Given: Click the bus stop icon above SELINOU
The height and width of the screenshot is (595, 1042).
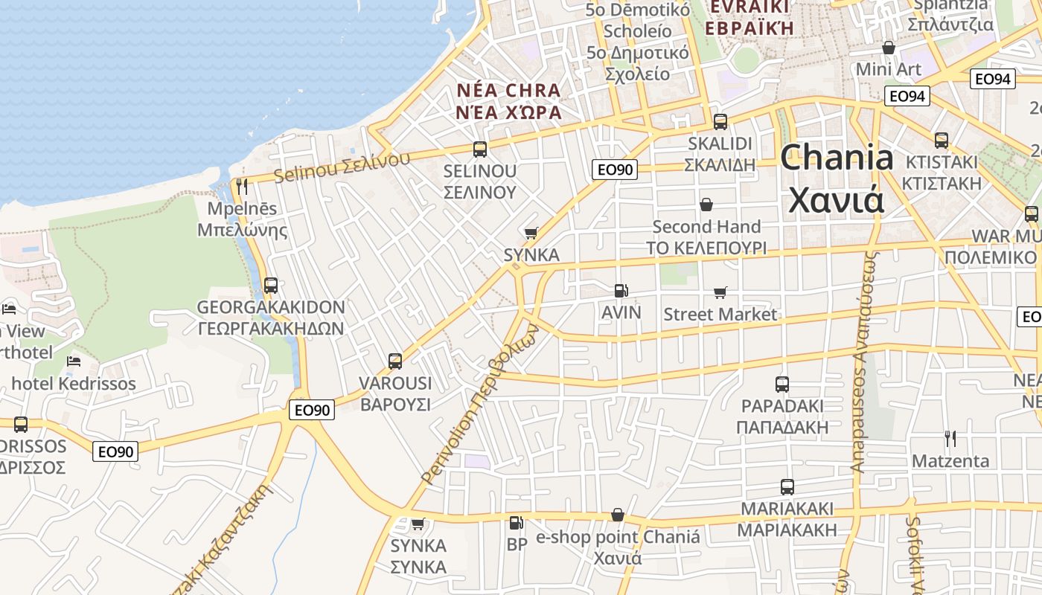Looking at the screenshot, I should click(480, 149).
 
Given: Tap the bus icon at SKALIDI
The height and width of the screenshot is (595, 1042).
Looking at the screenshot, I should click(720, 122).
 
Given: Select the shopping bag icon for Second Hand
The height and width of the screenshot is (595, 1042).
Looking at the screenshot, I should click(706, 205).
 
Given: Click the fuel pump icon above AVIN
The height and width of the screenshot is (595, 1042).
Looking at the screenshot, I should click(621, 291).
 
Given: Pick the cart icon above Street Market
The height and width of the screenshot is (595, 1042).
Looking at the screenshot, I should click(720, 293).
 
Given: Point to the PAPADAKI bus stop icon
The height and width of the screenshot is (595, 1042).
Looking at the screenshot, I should click(781, 385).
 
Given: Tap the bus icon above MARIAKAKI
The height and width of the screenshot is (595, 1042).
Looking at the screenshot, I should click(787, 487).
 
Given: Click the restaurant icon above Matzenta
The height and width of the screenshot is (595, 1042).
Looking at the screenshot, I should click(950, 439).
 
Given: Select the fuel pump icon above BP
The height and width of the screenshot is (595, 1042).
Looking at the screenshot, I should click(516, 523).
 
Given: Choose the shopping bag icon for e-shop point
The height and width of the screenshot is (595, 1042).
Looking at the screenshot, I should click(617, 515).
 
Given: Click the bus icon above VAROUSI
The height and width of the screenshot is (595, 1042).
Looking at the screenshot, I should click(395, 361).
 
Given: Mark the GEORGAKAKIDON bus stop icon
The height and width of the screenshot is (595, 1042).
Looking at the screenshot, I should click(271, 286).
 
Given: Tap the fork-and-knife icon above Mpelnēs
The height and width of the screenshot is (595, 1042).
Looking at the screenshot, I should click(241, 187).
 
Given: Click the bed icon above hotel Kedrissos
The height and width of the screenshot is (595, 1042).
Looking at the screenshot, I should click(73, 361).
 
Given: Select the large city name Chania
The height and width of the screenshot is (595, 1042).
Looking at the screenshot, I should click(837, 158).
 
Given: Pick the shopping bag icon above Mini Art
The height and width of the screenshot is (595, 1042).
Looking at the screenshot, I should click(888, 48).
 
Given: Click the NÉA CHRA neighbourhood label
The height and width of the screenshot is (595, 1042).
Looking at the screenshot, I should click(508, 91).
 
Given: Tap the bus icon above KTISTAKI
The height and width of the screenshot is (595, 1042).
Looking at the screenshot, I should click(941, 140).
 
